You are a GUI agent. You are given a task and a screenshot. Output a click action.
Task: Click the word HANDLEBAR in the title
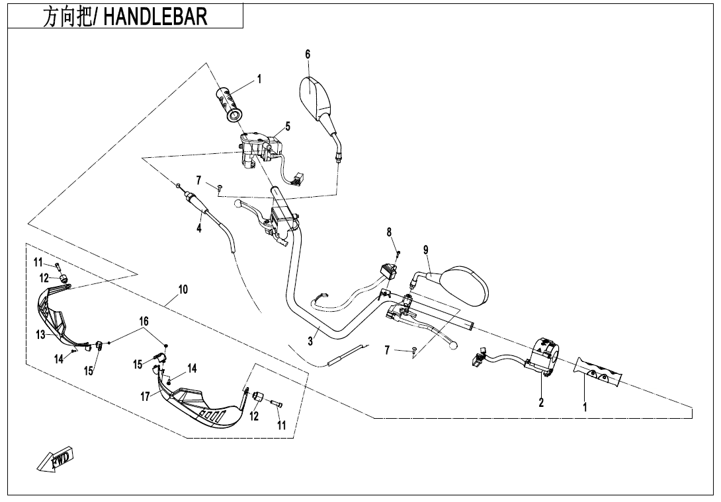coord(155,17)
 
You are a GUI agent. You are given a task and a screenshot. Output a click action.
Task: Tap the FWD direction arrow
coord(55,460)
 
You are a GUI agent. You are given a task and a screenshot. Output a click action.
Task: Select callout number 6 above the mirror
coord(308,55)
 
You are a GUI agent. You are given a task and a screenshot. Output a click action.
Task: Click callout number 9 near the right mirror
coord(426,250)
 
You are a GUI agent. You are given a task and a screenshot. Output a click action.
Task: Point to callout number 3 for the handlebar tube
coord(310,341)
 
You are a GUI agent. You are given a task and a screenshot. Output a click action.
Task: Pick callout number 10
coord(183,289)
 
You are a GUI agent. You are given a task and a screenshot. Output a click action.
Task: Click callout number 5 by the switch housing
coord(288,126)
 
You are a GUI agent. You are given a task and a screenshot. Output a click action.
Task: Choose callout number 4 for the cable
coord(198,229)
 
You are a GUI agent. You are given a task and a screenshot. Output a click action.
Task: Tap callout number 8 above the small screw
coord(390,232)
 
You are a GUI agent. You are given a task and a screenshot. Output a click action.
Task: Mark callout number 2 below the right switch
coord(541,402)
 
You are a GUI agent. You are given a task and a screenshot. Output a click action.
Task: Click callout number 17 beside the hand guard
coord(146,396)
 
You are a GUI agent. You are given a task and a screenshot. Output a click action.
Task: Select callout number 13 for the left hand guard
coord(41,335)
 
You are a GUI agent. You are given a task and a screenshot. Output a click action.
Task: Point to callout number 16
coord(144,321)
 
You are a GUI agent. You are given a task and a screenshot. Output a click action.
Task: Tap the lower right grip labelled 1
coord(599,372)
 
